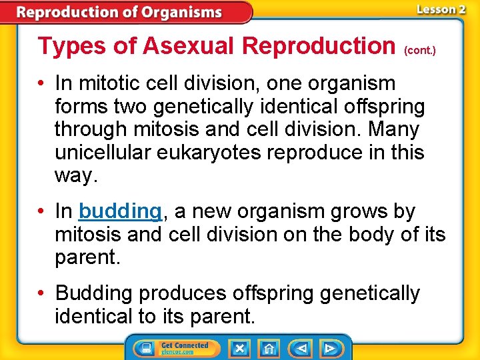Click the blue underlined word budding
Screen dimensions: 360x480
(x=120, y=212)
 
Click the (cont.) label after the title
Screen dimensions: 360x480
(x=420, y=50)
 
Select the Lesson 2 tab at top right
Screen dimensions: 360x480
(x=440, y=9)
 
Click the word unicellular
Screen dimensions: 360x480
(x=103, y=153)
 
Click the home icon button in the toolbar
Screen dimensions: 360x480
(x=269, y=348)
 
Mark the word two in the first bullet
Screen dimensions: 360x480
(x=132, y=107)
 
